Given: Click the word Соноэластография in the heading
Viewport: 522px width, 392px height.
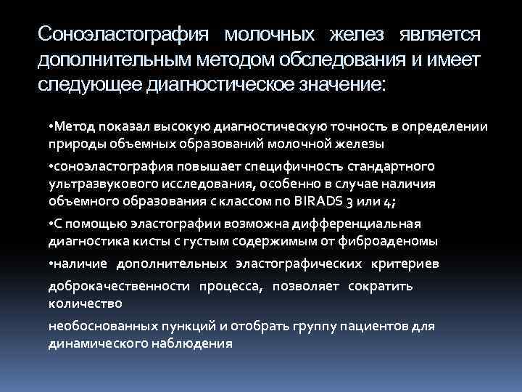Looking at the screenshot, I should point(123,34).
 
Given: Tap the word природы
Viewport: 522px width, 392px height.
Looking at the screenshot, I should point(72,144).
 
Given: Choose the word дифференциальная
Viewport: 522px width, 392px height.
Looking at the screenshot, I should point(362,224).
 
